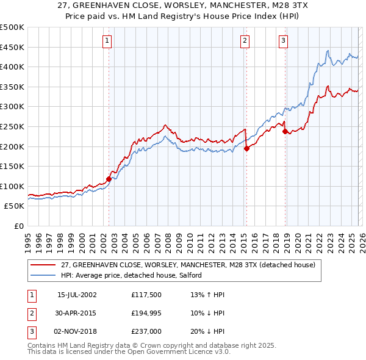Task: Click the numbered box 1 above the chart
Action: pyautogui.click(x=107, y=41)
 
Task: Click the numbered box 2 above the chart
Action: pyautogui.click(x=245, y=41)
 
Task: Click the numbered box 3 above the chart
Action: pyautogui.click(x=284, y=41)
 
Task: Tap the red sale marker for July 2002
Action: pyautogui.click(x=109, y=179)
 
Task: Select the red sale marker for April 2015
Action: pyautogui.click(x=246, y=148)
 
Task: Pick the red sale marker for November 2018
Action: pyautogui.click(x=285, y=131)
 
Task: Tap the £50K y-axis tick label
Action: pyautogui.click(x=15, y=206)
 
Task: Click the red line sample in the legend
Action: pyautogui.click(x=43, y=265)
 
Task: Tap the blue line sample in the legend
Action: pyautogui.click(x=43, y=276)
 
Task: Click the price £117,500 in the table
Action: pyautogui.click(x=145, y=294)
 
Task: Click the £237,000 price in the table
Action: pyautogui.click(x=145, y=332)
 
